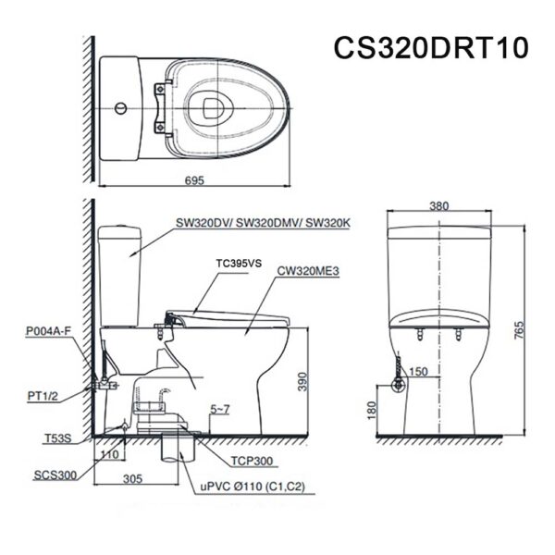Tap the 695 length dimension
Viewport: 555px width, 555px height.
193,182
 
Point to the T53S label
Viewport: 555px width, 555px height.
56,438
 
